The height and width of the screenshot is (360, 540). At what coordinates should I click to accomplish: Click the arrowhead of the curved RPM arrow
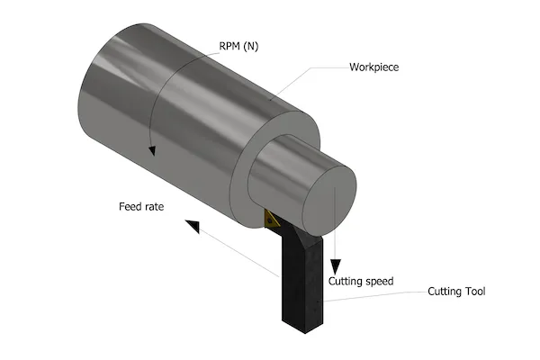(x=154, y=149)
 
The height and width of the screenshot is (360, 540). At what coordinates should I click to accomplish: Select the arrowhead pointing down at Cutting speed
(x=335, y=266)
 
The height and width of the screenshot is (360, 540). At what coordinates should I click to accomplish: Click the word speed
(x=377, y=281)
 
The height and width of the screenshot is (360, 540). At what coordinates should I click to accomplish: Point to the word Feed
(x=130, y=206)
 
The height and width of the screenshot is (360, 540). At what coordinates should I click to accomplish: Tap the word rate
(x=154, y=206)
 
